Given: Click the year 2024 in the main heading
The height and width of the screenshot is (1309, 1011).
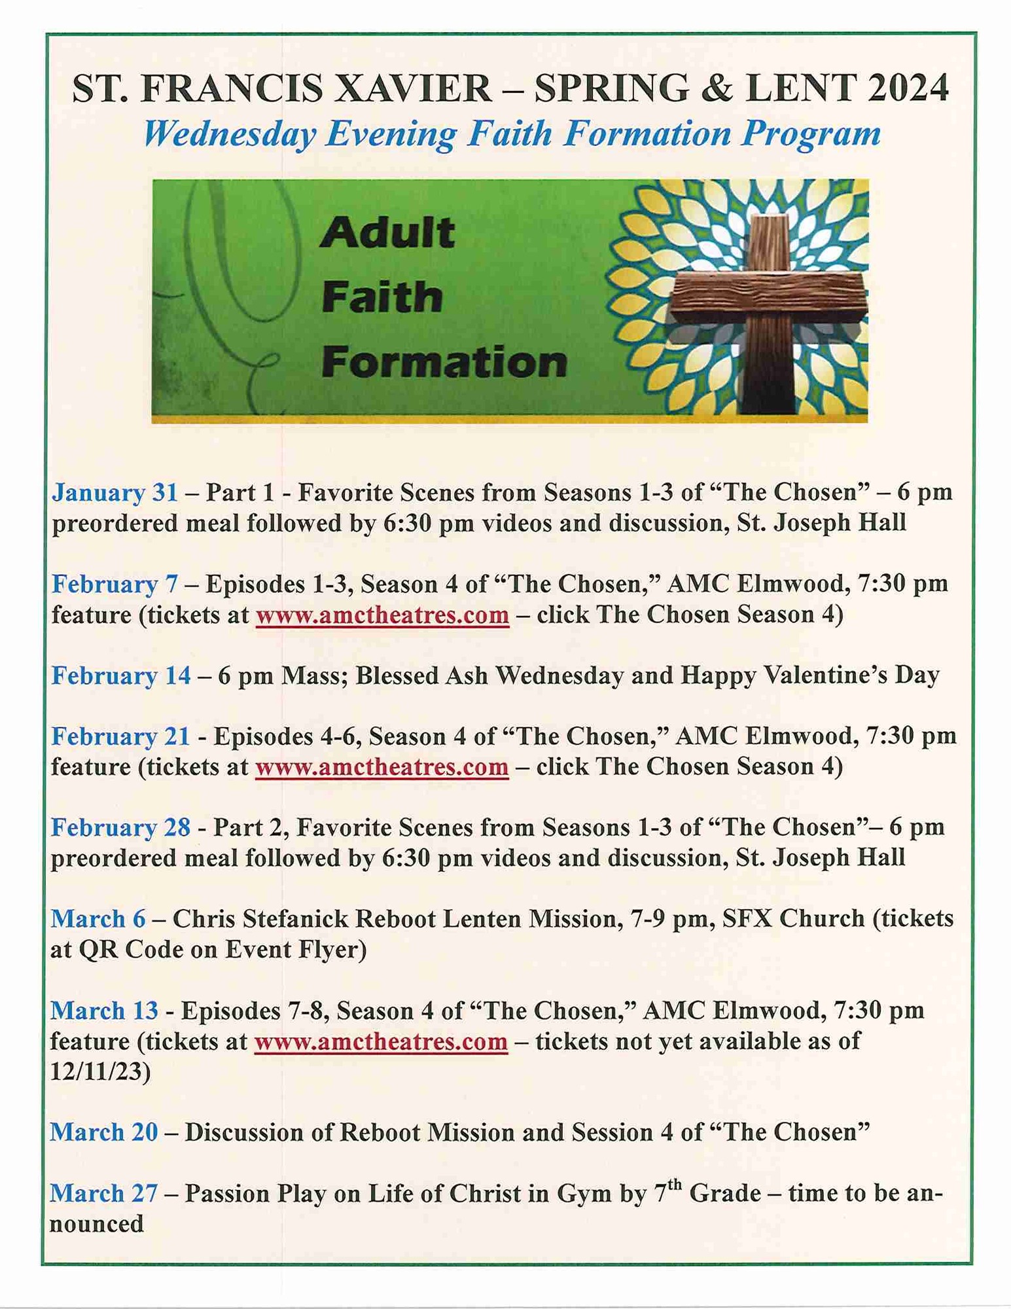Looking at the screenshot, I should pyautogui.click(x=908, y=88).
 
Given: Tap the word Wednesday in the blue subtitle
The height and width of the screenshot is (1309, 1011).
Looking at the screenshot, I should pyautogui.click(x=230, y=134).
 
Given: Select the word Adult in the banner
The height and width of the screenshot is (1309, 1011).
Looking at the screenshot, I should pyautogui.click(x=387, y=233).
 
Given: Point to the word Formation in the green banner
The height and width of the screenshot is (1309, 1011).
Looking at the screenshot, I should pyautogui.click(x=444, y=362).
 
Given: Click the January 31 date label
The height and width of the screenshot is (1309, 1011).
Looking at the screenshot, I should pyautogui.click(x=115, y=493).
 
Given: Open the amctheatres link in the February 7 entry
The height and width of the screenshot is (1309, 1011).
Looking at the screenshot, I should pyautogui.click(x=382, y=615).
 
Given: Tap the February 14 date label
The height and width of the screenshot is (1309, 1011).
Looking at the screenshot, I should pyautogui.click(x=121, y=675).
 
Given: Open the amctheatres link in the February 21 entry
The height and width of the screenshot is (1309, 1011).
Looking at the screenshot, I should pyautogui.click(x=381, y=767).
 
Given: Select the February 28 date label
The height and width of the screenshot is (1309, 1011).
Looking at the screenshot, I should pyautogui.click(x=120, y=828).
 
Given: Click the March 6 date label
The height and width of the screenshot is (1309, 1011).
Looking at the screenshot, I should pyautogui.click(x=98, y=920).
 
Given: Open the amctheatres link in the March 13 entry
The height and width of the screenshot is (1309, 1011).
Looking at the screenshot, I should pyautogui.click(x=381, y=1042).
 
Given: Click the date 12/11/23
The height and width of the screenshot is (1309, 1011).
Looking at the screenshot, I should pyautogui.click(x=100, y=1072).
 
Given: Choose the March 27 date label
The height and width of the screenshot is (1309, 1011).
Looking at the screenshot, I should pyautogui.click(x=104, y=1194).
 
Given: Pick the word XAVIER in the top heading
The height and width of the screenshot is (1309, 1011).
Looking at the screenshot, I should pyautogui.click(x=413, y=88).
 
